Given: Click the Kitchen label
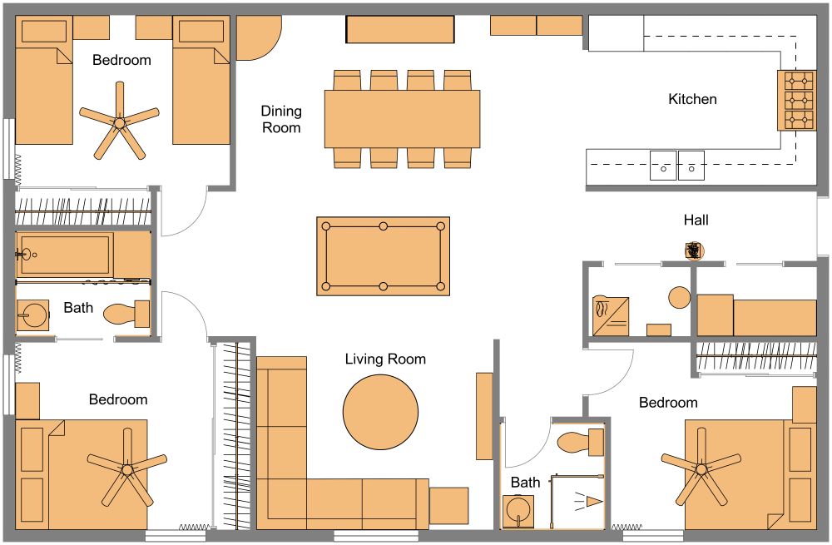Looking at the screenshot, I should [692, 99].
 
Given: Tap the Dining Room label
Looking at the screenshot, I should [281, 119].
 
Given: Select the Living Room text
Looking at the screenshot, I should [385, 359].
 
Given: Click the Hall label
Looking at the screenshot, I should [696, 220].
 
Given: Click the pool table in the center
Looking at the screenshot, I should [383, 256].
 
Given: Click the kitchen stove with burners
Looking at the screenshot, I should [797, 101].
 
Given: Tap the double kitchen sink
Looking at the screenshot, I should [677, 165].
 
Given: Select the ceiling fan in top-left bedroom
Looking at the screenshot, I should [119, 122].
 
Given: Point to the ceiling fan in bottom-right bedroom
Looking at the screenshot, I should [701, 470].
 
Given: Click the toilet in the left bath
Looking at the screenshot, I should [126, 314].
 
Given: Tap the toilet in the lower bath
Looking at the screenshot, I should [580, 440].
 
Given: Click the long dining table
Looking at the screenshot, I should [403, 118].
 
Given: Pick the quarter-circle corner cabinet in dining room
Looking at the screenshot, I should [256, 37].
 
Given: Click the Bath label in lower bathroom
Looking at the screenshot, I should [525, 483].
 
